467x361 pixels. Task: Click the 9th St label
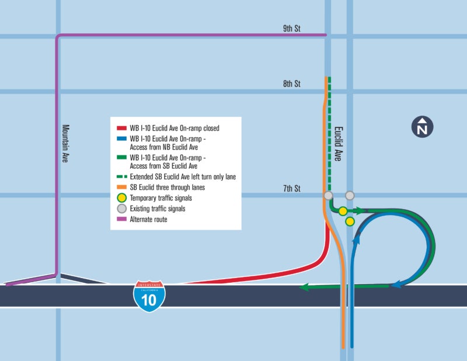[291, 28]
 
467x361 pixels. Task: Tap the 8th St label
[291, 84]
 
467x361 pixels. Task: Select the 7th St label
[291, 188]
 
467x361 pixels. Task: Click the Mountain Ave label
[65, 143]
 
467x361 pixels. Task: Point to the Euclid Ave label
[338, 144]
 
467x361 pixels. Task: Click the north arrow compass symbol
[422, 127]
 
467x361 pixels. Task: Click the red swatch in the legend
[121, 127]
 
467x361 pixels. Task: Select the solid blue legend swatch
[121, 139]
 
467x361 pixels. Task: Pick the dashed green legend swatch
[121, 176]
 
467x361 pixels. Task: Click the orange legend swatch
[121, 187]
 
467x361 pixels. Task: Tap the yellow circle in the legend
[121, 198]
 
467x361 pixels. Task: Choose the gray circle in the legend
[121, 209]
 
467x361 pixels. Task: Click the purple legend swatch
[121, 219]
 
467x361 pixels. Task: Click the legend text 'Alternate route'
[149, 220]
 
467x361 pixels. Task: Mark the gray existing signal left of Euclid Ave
[328, 195]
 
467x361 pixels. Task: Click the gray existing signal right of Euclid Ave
[350, 195]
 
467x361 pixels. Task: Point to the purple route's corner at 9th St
[58, 37]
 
